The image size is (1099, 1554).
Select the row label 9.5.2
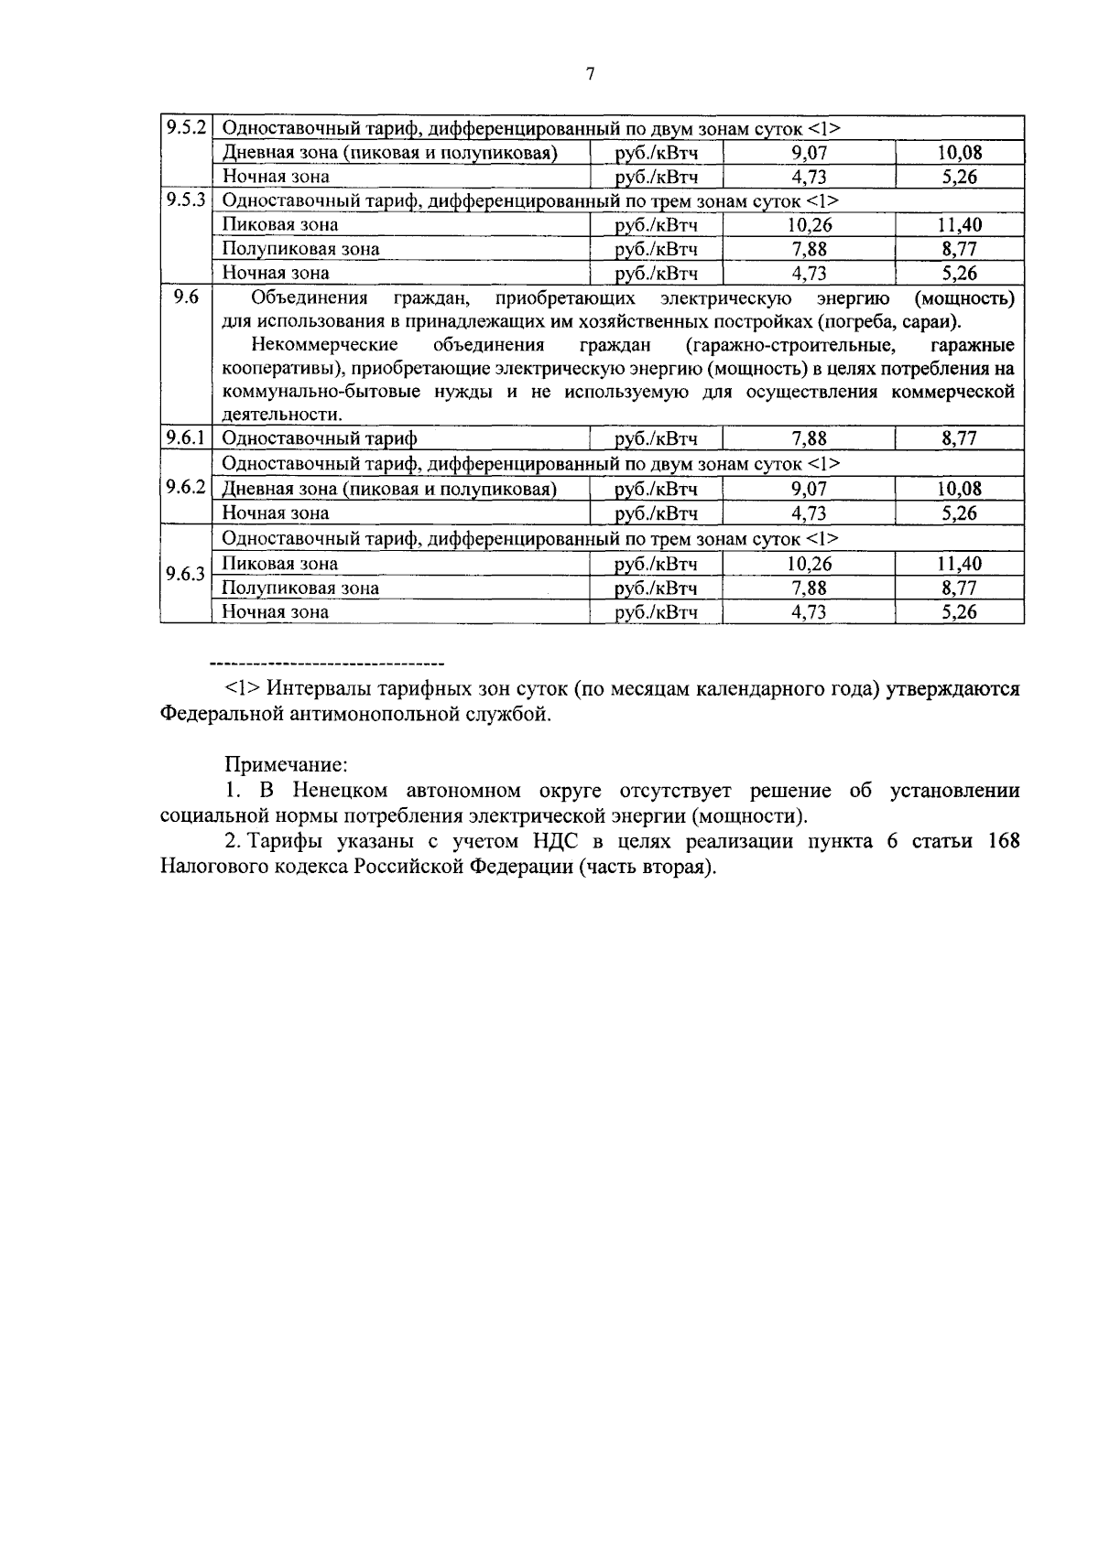pyautogui.click(x=186, y=128)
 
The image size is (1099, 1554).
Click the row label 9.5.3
pyautogui.click(x=186, y=200)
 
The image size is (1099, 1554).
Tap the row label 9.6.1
pyautogui.click(x=186, y=438)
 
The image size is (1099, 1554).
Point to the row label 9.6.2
pyautogui.click(x=186, y=487)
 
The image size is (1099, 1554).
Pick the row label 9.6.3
pyautogui.click(x=186, y=575)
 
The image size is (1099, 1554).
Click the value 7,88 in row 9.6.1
pyautogui.click(x=809, y=439)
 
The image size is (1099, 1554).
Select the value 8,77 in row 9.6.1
pyautogui.click(x=959, y=439)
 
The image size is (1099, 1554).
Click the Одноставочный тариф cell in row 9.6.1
pyautogui.click(x=320, y=439)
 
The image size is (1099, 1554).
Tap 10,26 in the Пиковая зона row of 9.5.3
pyautogui.click(x=809, y=225)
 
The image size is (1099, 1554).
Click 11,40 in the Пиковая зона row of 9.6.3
pyautogui.click(x=959, y=565)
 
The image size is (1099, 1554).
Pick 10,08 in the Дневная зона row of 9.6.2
pyautogui.click(x=959, y=490)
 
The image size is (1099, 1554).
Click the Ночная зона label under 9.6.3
pyautogui.click(x=276, y=612)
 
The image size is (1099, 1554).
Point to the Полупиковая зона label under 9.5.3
pyautogui.click(x=300, y=249)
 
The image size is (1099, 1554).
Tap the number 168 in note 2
pyautogui.click(x=1003, y=842)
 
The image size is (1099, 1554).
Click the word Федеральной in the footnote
pyautogui.click(x=221, y=714)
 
